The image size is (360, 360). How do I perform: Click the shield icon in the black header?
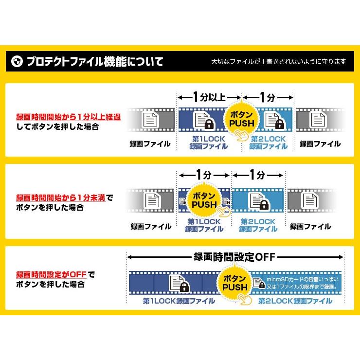pos(17,61)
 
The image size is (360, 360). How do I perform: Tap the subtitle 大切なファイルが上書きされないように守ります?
pos(279,62)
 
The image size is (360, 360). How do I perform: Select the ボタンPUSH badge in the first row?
pos(241,118)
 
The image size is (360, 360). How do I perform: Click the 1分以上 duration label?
pos(209,96)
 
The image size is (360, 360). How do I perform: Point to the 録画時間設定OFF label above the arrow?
pos(234,256)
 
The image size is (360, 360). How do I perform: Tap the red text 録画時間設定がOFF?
pos(51,275)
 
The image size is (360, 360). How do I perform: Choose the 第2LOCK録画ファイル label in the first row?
pos(269,142)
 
